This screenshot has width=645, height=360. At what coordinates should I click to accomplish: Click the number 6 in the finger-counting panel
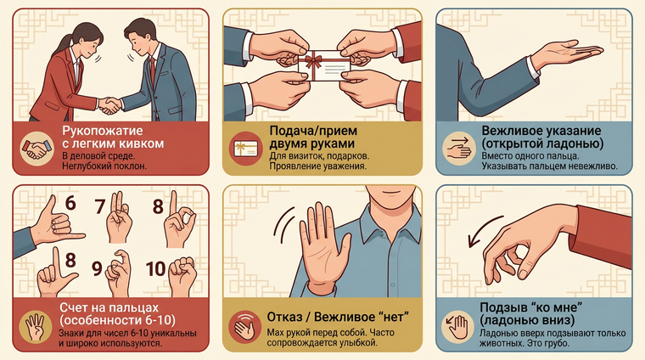tap(70, 203)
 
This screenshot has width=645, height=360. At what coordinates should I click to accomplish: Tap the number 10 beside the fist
tap(156, 269)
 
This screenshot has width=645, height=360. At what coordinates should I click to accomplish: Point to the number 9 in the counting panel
tap(97, 268)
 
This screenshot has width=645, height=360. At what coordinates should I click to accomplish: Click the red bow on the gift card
tap(314, 61)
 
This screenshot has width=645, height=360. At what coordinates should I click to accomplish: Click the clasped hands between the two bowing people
tap(109, 105)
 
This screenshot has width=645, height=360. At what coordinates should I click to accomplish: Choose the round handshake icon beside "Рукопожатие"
tap(37, 149)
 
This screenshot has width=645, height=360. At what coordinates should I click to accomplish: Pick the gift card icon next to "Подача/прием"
tap(245, 149)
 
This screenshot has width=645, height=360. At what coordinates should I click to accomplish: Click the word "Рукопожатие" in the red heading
tap(103, 131)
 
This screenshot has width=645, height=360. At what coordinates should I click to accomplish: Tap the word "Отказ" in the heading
tap(284, 318)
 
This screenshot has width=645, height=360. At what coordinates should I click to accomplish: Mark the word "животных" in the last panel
tap(499, 343)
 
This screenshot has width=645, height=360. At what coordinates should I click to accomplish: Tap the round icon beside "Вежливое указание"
tap(459, 149)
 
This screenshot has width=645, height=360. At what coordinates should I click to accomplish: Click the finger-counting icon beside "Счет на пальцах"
tap(36, 327)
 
